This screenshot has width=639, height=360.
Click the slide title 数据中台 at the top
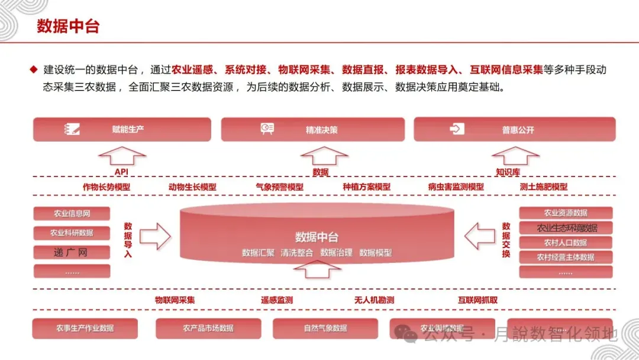click(x=68, y=27)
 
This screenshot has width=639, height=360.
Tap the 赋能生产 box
click(x=122, y=129)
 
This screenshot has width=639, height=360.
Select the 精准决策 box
click(x=313, y=129)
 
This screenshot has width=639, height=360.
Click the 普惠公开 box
click(x=515, y=129)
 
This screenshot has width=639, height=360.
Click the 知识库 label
click(x=508, y=172)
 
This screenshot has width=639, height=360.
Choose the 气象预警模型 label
click(x=279, y=187)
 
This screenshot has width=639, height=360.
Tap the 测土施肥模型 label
click(x=543, y=187)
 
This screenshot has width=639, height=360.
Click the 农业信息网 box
click(x=72, y=214)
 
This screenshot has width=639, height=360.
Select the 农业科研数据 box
click(x=72, y=233)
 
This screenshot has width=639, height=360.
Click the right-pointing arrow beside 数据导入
click(x=155, y=237)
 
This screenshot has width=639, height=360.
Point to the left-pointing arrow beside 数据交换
click(x=479, y=237)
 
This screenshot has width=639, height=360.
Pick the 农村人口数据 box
click(x=566, y=243)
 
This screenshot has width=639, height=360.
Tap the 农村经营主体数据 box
click(x=566, y=257)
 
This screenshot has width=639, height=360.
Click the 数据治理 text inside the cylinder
click(x=336, y=253)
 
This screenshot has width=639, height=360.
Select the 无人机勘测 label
click(x=374, y=300)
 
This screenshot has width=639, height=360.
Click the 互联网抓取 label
click(x=477, y=300)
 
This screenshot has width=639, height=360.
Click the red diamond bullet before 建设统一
click(x=34, y=69)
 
